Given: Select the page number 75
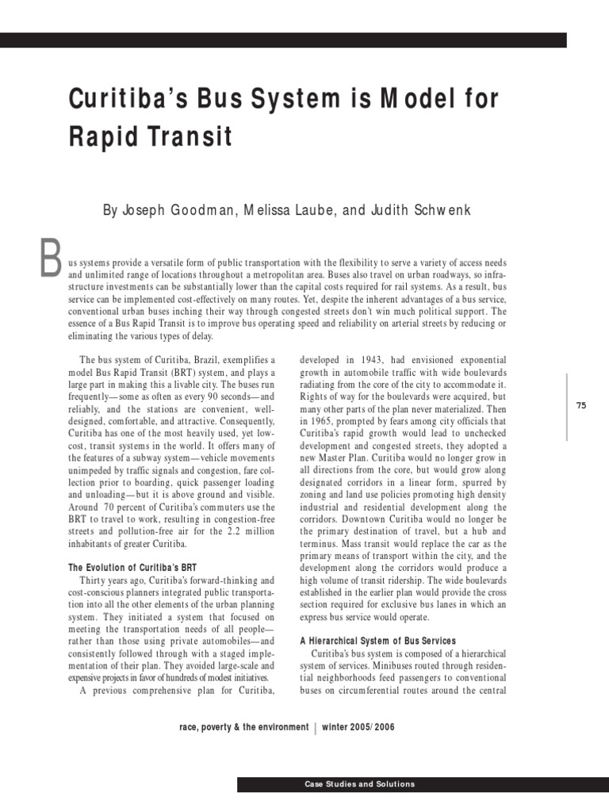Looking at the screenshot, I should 581,405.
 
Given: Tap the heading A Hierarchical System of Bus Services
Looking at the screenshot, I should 377,640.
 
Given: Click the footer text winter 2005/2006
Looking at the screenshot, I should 358,728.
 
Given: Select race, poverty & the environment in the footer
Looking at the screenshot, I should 244,728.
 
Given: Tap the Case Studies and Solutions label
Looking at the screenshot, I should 359,784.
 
